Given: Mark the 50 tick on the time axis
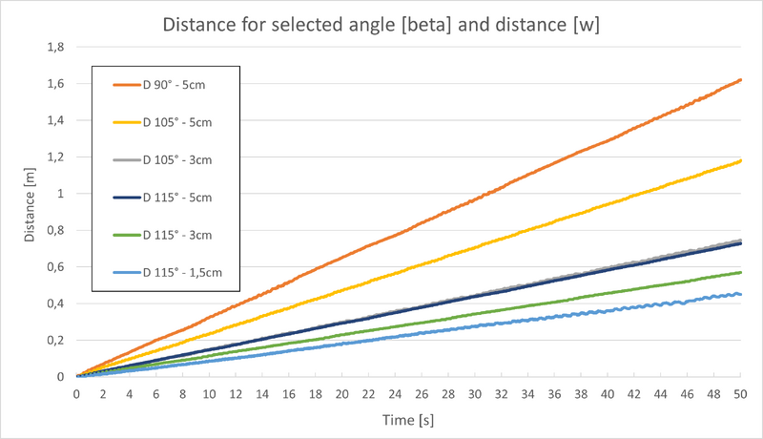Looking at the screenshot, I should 740,393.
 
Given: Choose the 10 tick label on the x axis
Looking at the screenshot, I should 209,393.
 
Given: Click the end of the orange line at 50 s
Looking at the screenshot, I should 740,80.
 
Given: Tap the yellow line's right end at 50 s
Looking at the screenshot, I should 740,161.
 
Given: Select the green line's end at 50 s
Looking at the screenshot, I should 740,273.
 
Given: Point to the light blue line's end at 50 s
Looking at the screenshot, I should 740,294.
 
